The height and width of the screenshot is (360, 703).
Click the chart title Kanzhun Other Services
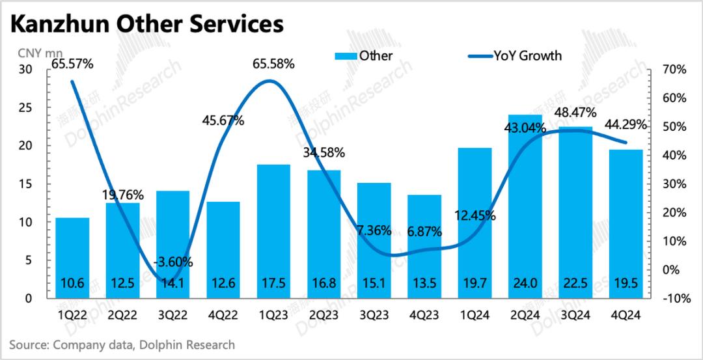click(147, 24)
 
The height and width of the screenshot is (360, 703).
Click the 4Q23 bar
click(424, 247)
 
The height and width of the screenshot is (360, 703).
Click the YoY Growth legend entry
click(514, 55)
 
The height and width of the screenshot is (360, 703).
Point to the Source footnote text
click(122, 344)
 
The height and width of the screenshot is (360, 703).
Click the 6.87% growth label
click(424, 231)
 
